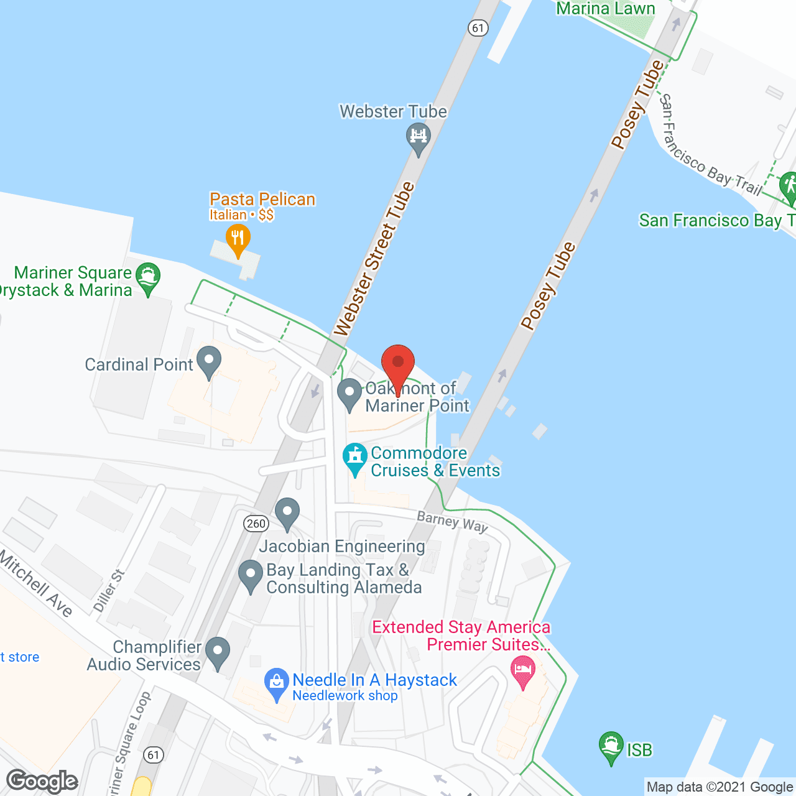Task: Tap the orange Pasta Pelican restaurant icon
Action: (x=238, y=239)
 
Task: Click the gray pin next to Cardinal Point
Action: (x=209, y=361)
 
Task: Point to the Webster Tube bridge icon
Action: (x=418, y=138)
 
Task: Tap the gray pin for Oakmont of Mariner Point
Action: (x=349, y=394)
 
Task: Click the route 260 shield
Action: (x=256, y=524)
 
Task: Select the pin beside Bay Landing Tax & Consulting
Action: (x=251, y=575)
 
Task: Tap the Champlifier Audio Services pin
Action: (x=218, y=652)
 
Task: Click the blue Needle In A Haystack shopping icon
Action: (x=277, y=683)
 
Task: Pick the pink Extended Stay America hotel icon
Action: (x=522, y=672)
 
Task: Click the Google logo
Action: (x=42, y=781)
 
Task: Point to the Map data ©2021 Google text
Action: (x=719, y=787)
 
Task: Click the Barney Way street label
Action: (x=452, y=522)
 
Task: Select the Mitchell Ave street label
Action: (x=36, y=584)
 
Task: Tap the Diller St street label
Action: (x=109, y=591)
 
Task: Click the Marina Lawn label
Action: (x=605, y=9)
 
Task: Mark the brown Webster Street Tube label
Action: (x=374, y=259)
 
